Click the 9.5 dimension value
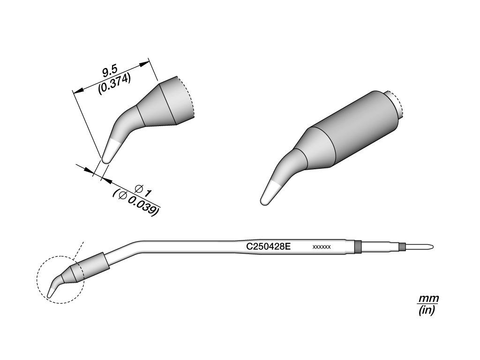click(110, 73)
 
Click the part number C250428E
click(268, 247)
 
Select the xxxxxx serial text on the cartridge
click(322, 247)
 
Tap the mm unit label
click(428, 298)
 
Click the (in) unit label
click(427, 310)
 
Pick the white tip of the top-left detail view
click(109, 151)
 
